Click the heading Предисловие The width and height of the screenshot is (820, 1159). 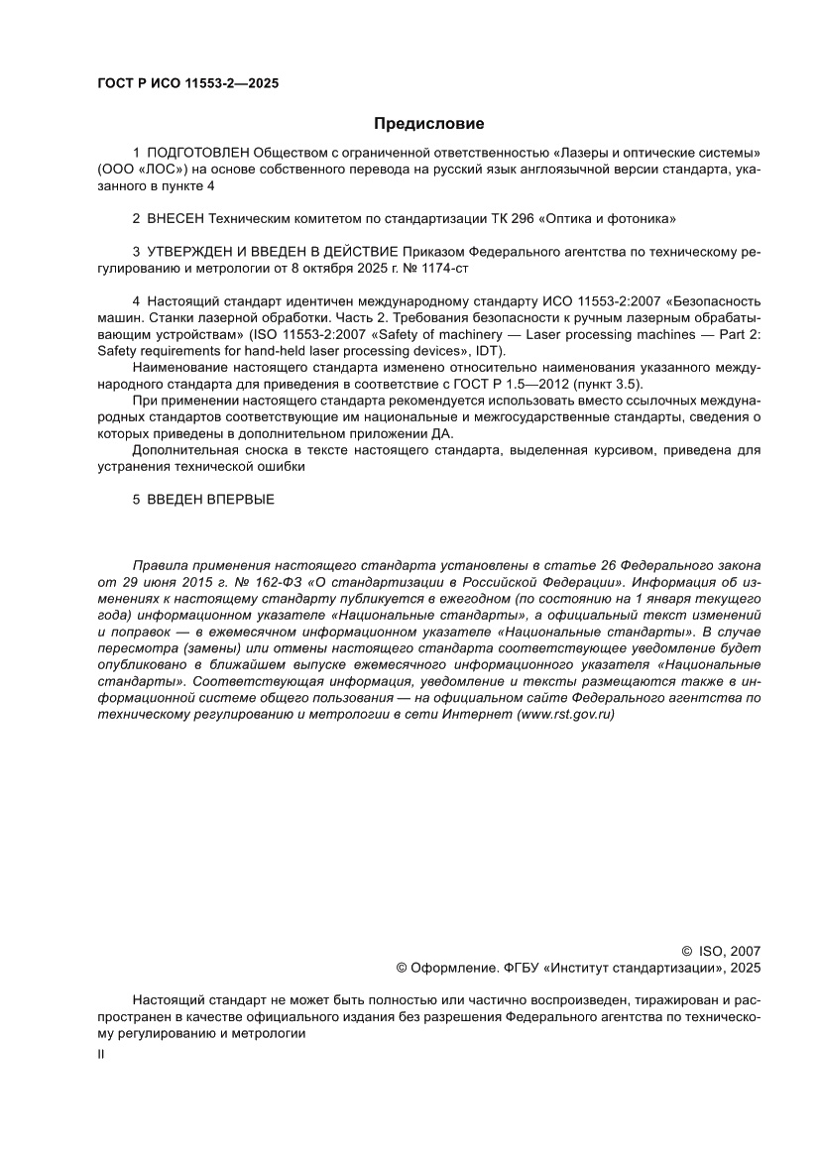[428, 124]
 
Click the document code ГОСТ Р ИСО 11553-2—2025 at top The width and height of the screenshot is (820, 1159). [187, 83]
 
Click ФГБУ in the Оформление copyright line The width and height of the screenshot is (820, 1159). [531, 967]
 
